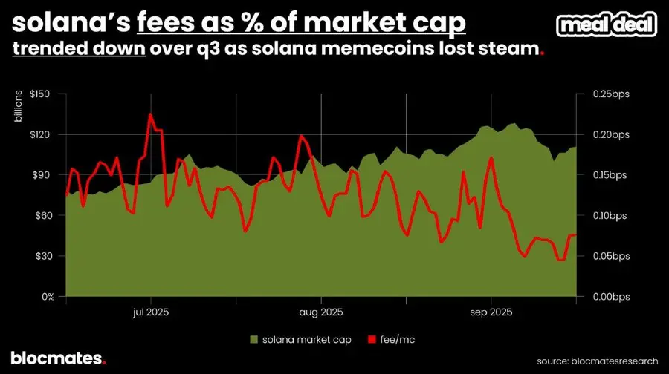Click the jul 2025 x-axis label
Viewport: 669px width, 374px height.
[x=151, y=312]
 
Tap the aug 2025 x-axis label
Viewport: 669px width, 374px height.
[x=321, y=312]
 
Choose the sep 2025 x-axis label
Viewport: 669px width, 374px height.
[x=491, y=312]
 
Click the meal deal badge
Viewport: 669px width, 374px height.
[x=607, y=26]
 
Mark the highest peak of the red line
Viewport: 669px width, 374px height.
[x=150, y=114]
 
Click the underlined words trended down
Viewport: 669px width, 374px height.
[x=79, y=51]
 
